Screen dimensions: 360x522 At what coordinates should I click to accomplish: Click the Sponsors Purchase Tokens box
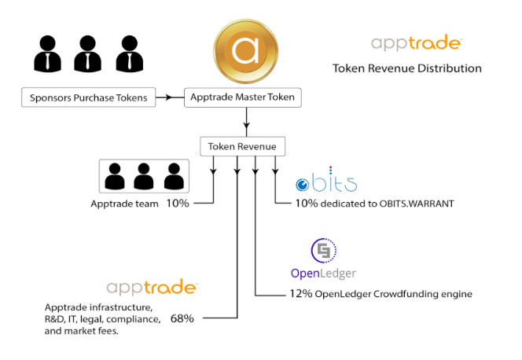pos(88,98)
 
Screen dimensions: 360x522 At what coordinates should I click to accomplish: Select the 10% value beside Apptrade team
pos(177,203)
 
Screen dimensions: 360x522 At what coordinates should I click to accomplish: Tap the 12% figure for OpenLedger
pos(299,295)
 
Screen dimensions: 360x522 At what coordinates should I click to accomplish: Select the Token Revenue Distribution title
pos(406,68)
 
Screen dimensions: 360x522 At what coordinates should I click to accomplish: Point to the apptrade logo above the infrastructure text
pos(152,288)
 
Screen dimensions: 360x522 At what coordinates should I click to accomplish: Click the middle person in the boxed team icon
pos(142,177)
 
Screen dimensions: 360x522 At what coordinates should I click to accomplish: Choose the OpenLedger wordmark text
pos(323,273)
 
